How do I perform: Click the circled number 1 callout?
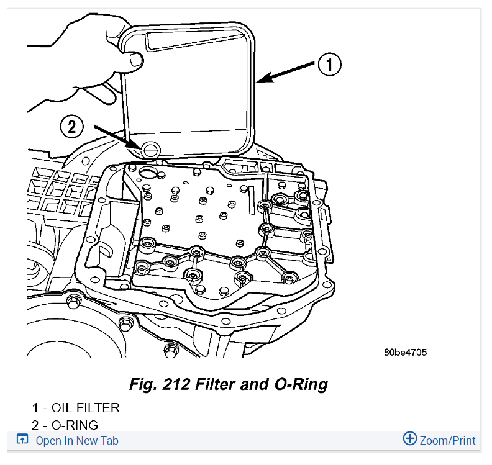tap(330, 63)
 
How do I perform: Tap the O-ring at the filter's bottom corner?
tap(150, 148)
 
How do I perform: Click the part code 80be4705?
tap(405, 353)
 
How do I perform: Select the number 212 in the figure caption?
tap(177, 384)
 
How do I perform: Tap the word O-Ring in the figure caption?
tap(301, 384)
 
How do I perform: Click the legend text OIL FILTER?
tap(86, 408)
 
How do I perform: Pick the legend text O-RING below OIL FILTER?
tap(75, 425)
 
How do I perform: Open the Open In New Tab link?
tap(77, 441)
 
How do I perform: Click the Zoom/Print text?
tap(447, 441)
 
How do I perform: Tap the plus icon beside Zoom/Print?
tap(410, 439)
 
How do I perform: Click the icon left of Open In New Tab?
tap(22, 440)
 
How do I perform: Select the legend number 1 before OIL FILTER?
tap(35, 408)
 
